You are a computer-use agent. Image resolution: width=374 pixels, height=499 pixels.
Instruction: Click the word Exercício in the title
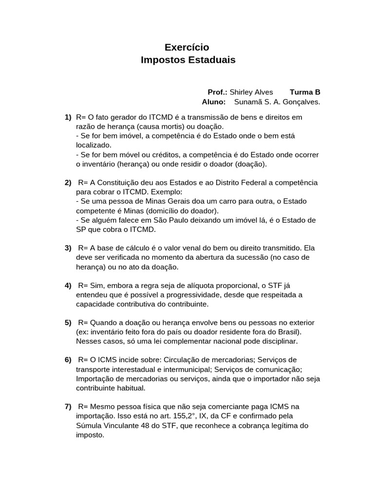point(187,47)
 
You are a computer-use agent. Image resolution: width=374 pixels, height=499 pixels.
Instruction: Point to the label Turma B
point(305,92)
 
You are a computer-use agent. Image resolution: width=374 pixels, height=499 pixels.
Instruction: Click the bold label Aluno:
point(214,102)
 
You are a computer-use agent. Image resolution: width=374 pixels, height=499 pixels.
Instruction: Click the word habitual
point(129,388)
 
